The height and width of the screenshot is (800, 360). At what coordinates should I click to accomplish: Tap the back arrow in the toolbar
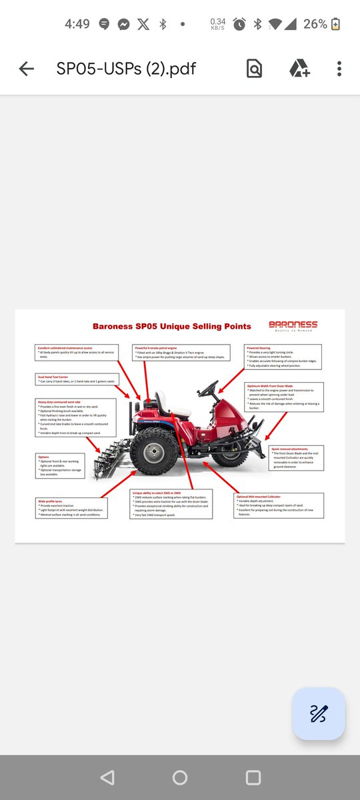[26, 69]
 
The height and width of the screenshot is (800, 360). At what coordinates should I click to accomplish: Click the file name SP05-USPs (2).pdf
[126, 69]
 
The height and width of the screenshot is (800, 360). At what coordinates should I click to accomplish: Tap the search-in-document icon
[254, 69]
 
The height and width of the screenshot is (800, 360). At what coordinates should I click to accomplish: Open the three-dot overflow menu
[339, 69]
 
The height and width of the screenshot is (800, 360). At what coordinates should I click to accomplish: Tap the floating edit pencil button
[318, 713]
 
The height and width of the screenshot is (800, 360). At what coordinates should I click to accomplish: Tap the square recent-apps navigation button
[253, 777]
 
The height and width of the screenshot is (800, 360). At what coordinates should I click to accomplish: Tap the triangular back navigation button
[107, 777]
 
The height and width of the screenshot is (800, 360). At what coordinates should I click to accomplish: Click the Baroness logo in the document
[293, 325]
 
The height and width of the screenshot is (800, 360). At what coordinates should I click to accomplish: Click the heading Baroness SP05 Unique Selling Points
[171, 327]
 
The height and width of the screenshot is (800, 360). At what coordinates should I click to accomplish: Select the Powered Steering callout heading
[260, 347]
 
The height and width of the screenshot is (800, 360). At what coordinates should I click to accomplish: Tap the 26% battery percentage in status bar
[315, 24]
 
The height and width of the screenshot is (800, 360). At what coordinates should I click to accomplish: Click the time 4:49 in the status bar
[77, 24]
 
